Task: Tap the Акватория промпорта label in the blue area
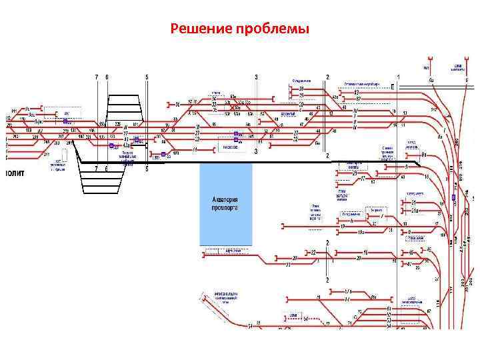click(225, 203)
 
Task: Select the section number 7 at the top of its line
click(97, 77)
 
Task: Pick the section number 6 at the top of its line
click(107, 77)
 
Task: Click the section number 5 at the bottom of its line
click(147, 169)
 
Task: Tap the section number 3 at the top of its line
click(256, 77)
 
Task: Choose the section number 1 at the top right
click(397, 77)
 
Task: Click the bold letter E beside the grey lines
click(393, 87)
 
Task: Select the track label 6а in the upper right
click(432, 80)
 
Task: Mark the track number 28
click(301, 89)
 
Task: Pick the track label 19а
click(361, 232)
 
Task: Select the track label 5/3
click(347, 292)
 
